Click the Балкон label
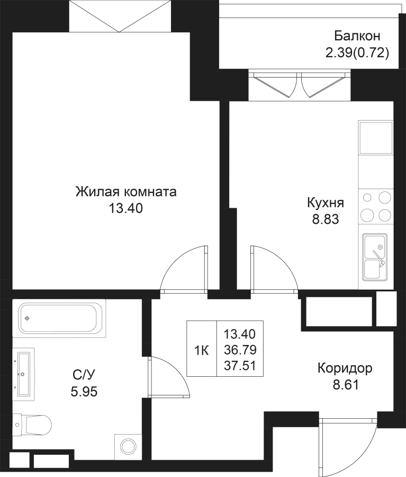[357, 36]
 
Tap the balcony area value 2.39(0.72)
[357, 53]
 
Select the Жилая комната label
[126, 192]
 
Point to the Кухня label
[326, 203]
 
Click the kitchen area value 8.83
[326, 219]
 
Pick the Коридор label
[345, 369]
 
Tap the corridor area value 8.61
[346, 385]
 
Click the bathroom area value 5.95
[84, 392]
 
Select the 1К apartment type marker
[202, 351]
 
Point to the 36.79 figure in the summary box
[240, 350]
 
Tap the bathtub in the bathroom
[59, 318]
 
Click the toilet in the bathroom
[32, 425]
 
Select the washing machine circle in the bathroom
[128, 447]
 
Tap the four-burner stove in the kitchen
[376, 207]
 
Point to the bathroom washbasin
[23, 373]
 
